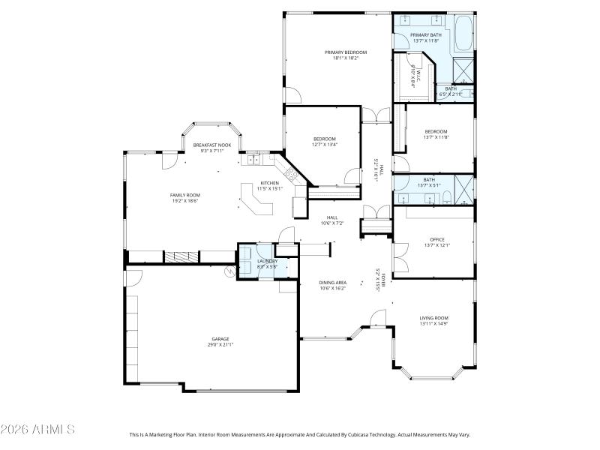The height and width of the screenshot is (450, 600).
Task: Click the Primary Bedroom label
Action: click(346, 52)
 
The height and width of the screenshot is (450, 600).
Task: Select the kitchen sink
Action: click(254, 159)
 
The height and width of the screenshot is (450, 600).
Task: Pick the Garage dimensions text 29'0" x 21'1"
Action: click(220, 345)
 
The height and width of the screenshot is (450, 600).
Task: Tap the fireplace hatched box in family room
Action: click(181, 256)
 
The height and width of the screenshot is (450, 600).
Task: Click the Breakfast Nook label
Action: click(212, 145)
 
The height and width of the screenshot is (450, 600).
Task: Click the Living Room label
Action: click(433, 318)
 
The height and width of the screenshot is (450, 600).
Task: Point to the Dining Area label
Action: click(333, 282)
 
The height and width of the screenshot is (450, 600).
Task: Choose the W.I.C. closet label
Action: click(417, 75)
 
